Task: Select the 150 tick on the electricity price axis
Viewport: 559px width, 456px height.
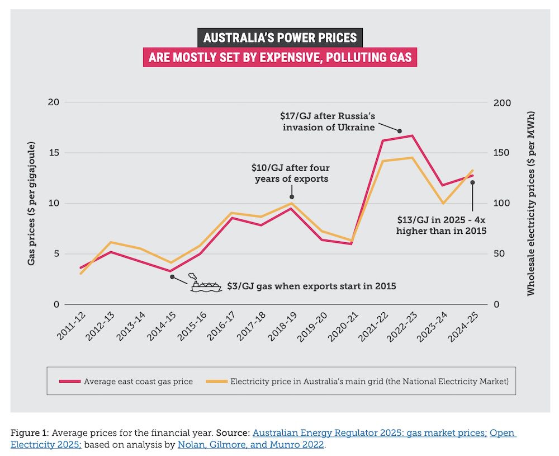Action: point(503,153)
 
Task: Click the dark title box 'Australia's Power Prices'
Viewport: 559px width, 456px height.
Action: point(279,38)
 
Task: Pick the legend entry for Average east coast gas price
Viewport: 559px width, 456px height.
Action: point(138,382)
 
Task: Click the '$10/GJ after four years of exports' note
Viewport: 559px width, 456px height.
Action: point(291,173)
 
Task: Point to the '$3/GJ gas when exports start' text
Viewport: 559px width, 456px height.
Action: point(311,286)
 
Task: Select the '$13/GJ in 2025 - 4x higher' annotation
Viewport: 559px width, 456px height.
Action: point(442,225)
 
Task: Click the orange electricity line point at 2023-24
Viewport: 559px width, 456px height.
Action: point(443,203)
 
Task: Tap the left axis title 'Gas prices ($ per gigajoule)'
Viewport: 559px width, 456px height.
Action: point(32,203)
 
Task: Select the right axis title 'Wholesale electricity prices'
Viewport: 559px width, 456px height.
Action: point(530,203)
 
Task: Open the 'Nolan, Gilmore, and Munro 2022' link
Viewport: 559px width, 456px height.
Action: point(250,445)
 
